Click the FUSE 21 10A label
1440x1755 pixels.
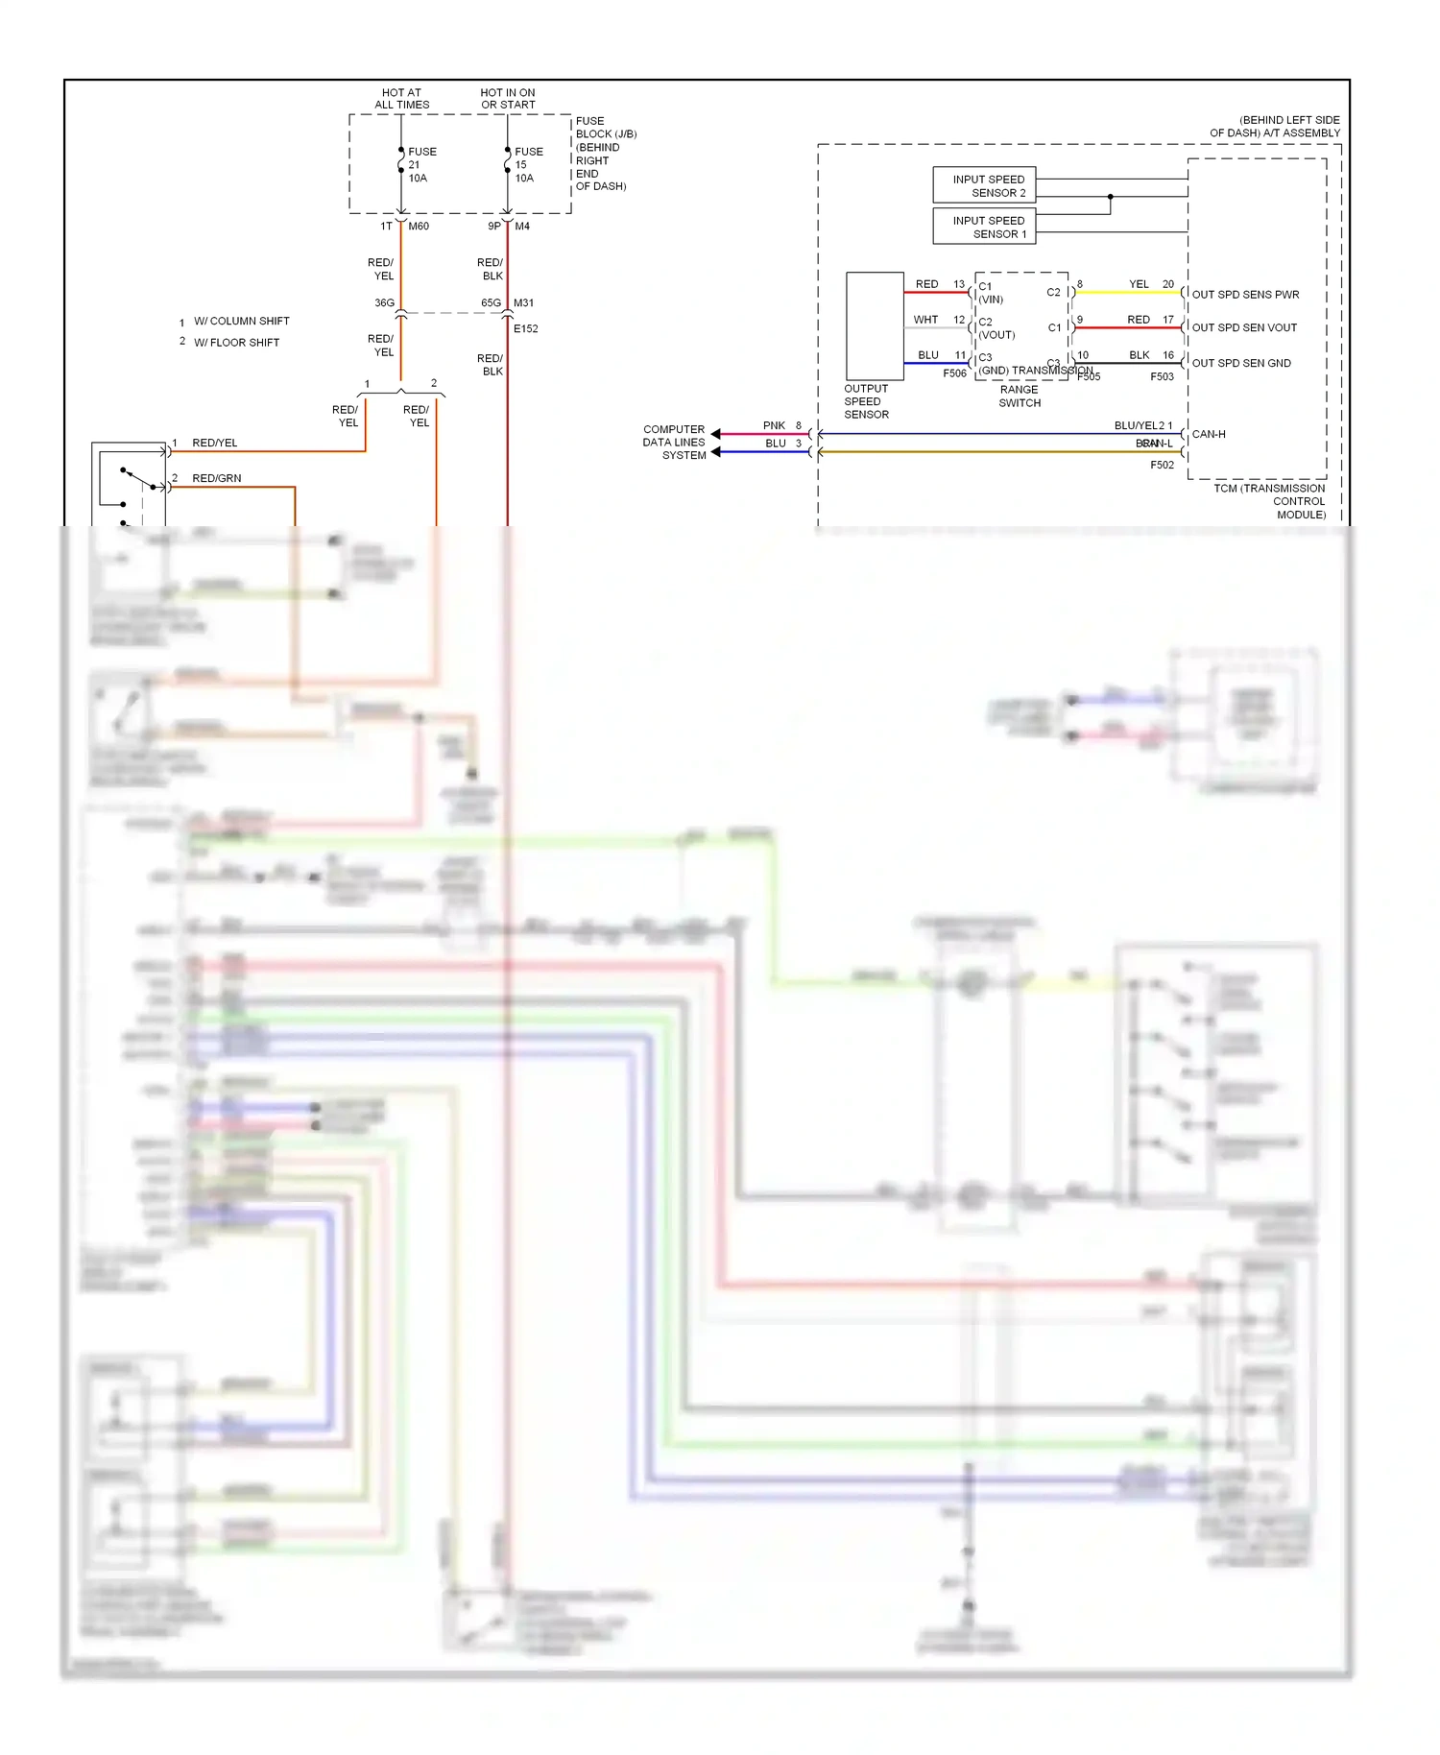pos(420,165)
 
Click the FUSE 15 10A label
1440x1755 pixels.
pos(527,165)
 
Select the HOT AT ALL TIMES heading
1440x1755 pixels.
pos(401,99)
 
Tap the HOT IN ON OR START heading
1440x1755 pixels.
pos(508,99)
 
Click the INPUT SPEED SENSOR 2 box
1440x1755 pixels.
pos(984,185)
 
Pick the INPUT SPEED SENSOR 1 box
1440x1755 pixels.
pos(984,227)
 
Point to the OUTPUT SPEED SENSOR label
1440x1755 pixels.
pos(866,401)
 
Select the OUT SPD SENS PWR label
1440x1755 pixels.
pos(1244,295)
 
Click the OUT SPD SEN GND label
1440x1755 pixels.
pos(1240,363)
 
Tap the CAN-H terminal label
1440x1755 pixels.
pos(1208,434)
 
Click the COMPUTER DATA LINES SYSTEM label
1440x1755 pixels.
pos(674,443)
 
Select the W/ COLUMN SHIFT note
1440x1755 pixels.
pos(241,321)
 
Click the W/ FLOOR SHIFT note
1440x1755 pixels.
pos(236,343)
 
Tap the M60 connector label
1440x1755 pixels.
pos(419,227)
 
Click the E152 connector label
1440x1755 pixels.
pos(525,328)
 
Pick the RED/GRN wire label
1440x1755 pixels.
pos(216,478)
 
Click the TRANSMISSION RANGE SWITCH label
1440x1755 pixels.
pos(1020,389)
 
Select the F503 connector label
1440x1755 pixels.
pos(1162,376)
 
